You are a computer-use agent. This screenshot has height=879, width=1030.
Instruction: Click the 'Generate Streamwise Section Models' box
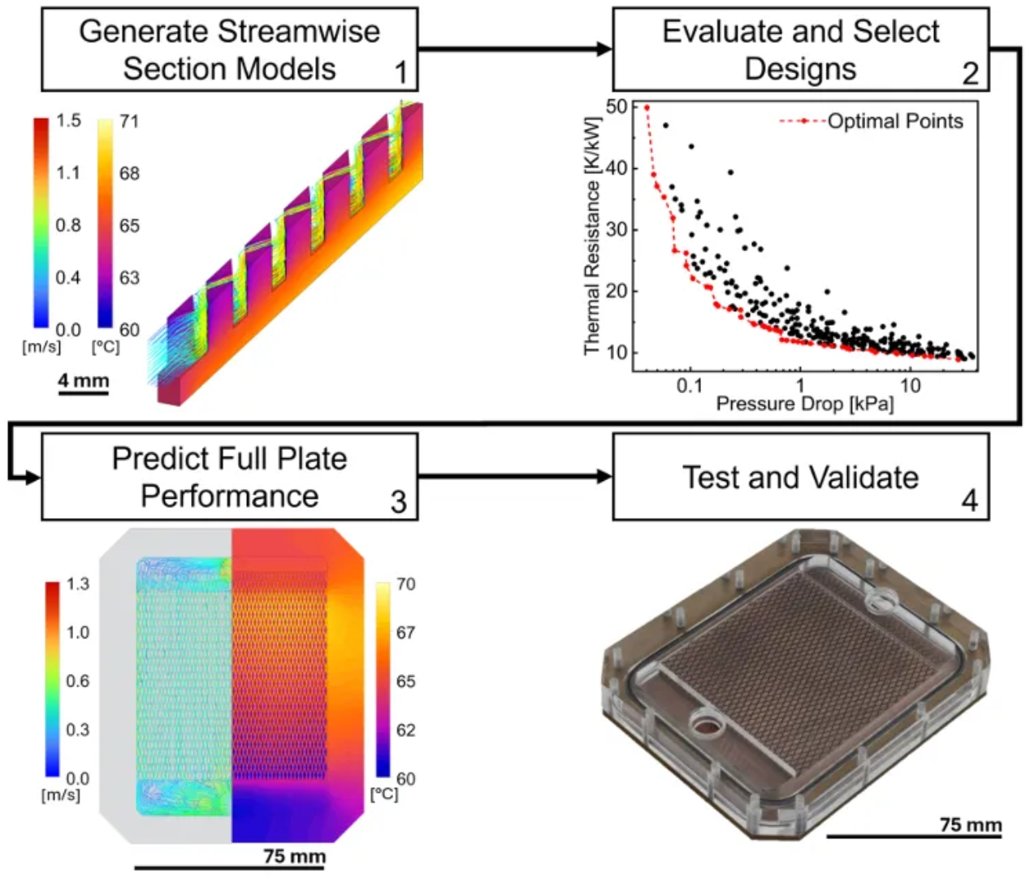(x=229, y=50)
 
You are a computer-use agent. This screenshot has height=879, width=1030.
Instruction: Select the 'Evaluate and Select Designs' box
(x=800, y=50)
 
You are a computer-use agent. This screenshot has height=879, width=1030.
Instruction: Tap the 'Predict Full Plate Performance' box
(x=229, y=476)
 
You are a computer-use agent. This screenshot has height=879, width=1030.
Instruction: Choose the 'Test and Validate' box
(x=800, y=476)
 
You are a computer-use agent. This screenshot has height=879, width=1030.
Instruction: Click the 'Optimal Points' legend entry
(x=894, y=121)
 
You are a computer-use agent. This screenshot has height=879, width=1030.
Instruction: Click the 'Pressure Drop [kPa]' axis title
(x=804, y=404)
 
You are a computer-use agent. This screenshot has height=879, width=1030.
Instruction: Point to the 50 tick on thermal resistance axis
(x=617, y=106)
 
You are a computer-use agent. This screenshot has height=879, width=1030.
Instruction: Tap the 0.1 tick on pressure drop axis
(x=689, y=385)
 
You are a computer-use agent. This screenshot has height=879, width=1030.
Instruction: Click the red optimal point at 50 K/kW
(x=647, y=107)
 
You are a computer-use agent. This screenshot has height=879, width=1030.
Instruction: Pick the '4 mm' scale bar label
(x=83, y=379)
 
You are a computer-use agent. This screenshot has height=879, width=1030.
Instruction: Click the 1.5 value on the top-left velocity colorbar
(x=68, y=121)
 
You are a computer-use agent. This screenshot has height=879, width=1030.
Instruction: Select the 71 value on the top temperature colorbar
(x=129, y=121)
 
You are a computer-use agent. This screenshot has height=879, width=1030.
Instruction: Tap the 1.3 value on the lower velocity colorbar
(x=77, y=584)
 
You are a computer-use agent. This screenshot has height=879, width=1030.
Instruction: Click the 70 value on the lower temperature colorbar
(x=405, y=584)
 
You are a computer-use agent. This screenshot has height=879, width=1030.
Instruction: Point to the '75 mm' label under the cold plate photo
(x=971, y=825)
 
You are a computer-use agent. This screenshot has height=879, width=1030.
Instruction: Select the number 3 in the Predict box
(x=398, y=501)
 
